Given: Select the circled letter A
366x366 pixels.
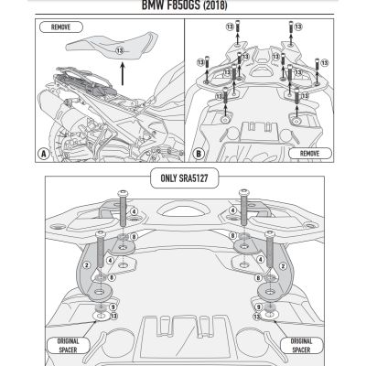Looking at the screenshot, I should coord(45,155).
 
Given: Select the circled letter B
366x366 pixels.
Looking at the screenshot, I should coord(199,155).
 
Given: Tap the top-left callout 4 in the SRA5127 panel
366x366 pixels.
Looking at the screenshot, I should coord(134,211).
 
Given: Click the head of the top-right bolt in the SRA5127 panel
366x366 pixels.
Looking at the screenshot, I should coord(244,193).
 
